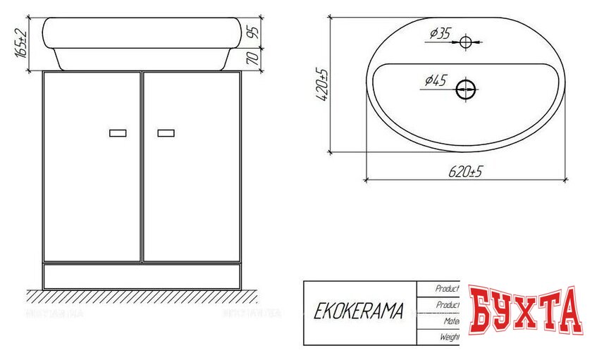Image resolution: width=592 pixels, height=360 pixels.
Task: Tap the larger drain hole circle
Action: pyautogui.click(x=466, y=89)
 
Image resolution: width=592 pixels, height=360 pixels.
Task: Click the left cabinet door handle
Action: pyautogui.click(x=118, y=132)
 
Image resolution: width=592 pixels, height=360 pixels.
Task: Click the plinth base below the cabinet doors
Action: pyautogui.click(x=142, y=275)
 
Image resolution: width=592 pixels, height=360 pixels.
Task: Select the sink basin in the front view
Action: pyautogui.click(x=142, y=42)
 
